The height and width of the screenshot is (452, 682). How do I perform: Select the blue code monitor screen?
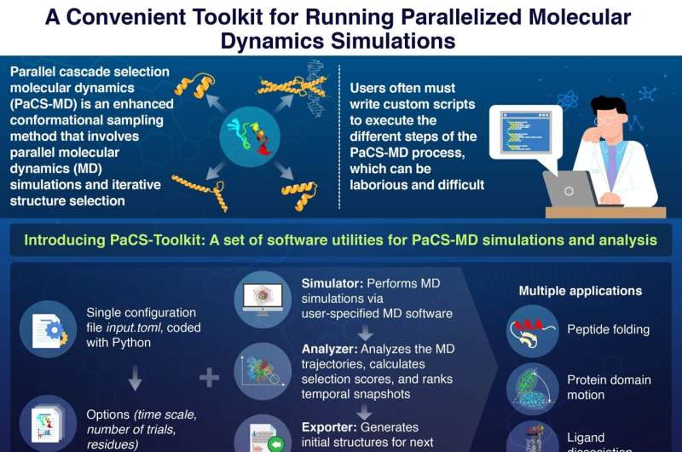(x=510, y=133)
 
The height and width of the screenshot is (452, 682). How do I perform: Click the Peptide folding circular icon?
(x=531, y=329)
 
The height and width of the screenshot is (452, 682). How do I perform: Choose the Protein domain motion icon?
(x=531, y=387)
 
